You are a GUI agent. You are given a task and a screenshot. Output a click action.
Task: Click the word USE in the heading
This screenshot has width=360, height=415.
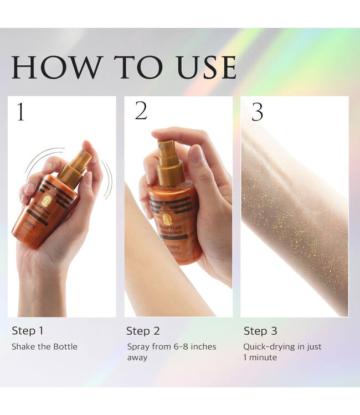pyautogui.click(x=205, y=68)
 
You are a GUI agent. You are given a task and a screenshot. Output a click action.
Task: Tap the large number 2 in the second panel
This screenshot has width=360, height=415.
pyautogui.click(x=141, y=111)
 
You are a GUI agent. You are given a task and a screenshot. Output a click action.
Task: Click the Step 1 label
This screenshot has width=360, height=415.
pyautogui.click(x=28, y=331)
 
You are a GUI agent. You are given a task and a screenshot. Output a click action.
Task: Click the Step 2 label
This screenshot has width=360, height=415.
pyautogui.click(x=143, y=331)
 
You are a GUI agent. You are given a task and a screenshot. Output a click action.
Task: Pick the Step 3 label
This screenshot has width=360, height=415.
pyautogui.click(x=260, y=331)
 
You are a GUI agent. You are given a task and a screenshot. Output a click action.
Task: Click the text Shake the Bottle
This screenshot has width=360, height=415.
pyautogui.click(x=44, y=347)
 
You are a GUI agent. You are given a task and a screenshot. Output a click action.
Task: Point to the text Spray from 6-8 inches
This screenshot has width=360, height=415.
pyautogui.click(x=171, y=347)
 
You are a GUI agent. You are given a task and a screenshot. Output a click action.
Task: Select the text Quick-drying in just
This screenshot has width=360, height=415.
pyautogui.click(x=282, y=347)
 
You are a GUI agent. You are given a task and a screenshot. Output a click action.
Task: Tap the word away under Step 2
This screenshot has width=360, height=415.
pyautogui.click(x=137, y=357)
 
